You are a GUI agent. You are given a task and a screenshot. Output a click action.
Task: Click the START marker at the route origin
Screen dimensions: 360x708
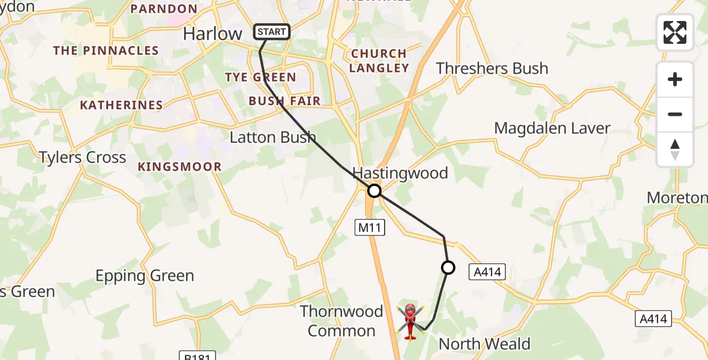click(x=272, y=32)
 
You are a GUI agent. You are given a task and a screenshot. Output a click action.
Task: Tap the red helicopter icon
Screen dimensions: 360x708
click(x=410, y=322)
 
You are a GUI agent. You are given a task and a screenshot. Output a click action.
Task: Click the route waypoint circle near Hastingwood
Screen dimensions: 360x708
click(x=374, y=191)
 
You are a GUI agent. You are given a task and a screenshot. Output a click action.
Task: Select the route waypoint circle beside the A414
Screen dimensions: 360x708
click(x=448, y=268)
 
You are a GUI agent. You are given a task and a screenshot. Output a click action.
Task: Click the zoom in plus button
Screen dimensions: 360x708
click(x=675, y=79)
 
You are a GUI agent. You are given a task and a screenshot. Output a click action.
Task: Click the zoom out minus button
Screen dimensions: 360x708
click(x=675, y=114)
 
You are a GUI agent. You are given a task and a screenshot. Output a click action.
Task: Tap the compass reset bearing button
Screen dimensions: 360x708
click(x=675, y=149)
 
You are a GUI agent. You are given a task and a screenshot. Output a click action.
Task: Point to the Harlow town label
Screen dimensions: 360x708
click(x=212, y=34)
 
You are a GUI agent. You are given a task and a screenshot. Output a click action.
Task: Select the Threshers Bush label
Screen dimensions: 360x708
click(x=492, y=68)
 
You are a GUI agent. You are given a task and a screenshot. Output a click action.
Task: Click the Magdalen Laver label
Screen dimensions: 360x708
click(x=552, y=128)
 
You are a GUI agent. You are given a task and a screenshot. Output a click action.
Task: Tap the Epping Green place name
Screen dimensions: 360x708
click(x=145, y=276)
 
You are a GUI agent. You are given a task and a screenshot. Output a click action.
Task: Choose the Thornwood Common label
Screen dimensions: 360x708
click(x=341, y=321)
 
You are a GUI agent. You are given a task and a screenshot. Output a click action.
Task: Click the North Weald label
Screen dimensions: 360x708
click(x=485, y=344)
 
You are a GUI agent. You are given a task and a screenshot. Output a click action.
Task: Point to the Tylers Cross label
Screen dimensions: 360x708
click(x=82, y=157)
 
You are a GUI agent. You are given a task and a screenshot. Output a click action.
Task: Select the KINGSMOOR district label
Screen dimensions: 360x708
click(x=179, y=167)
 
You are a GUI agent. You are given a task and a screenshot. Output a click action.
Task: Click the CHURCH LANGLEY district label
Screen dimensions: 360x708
click(x=379, y=61)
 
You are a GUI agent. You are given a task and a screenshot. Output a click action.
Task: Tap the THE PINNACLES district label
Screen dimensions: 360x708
click(x=106, y=51)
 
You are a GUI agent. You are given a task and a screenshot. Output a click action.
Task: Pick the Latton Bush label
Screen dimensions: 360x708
click(x=273, y=137)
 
